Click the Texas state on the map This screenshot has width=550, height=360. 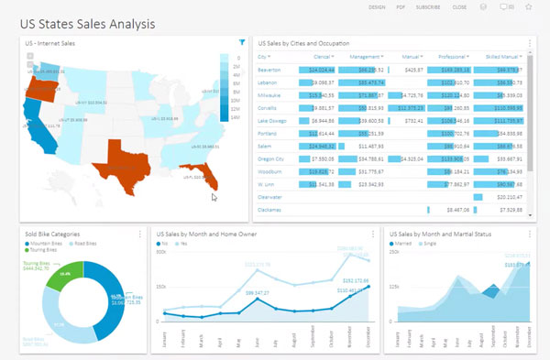[x=125, y=157]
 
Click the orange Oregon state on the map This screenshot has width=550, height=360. [x=41, y=87]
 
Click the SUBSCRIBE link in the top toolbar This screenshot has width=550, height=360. [x=428, y=6]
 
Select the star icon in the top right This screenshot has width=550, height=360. [x=529, y=6]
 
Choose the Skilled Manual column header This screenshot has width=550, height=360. [x=499, y=56]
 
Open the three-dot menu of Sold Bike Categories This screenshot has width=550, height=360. [x=140, y=235]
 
